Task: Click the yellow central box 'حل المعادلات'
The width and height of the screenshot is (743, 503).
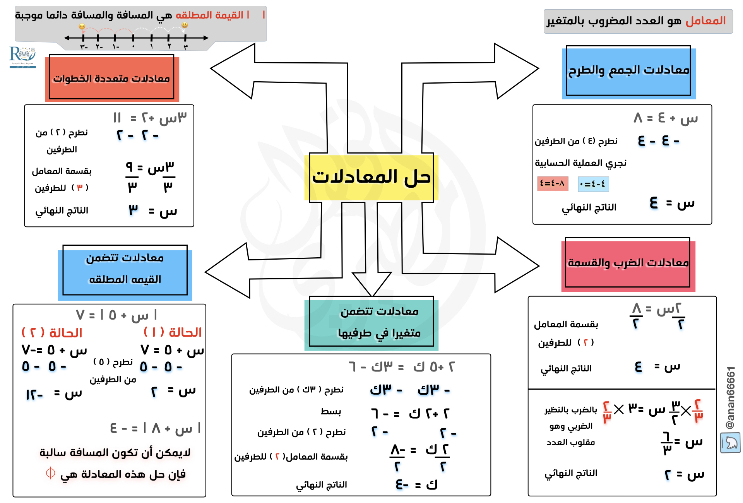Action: point(371,178)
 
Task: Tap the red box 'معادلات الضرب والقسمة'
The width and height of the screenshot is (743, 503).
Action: point(628,263)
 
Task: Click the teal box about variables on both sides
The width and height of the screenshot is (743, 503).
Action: point(371,322)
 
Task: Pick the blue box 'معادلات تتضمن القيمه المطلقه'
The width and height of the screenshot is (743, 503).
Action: point(125,270)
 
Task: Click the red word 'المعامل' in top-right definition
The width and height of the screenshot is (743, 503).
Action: point(705,21)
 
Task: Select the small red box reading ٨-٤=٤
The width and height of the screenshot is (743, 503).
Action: point(553,183)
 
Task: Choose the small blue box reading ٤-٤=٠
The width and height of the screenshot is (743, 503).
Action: point(593,184)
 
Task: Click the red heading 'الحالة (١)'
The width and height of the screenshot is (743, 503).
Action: point(173,332)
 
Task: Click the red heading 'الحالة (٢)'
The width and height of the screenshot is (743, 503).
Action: point(52,333)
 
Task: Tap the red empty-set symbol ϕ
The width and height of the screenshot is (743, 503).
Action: point(50,473)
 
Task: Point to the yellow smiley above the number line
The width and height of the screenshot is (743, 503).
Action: point(185,25)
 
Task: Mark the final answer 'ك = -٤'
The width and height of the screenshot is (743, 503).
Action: point(416,484)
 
